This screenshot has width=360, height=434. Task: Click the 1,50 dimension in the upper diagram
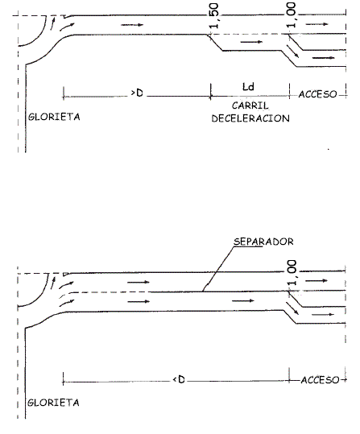(214, 15)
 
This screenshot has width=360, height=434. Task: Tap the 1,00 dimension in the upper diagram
(291, 15)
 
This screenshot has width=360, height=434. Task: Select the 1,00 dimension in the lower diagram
(292, 273)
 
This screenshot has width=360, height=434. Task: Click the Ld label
(248, 87)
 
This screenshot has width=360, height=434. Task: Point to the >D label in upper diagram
(137, 93)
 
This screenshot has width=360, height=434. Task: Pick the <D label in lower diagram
(179, 379)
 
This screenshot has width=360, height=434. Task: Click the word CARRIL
(250, 105)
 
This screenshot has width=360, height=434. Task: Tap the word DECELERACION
(250, 118)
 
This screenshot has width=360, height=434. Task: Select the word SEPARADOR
(263, 242)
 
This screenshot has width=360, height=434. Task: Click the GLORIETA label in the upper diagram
(54, 117)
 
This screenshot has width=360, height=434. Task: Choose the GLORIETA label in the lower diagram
(53, 402)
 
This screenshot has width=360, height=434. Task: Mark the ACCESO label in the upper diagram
(317, 94)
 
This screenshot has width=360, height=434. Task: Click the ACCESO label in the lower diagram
(320, 380)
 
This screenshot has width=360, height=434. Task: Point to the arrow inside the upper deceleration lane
(251, 42)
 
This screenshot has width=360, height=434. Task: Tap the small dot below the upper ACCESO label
(329, 149)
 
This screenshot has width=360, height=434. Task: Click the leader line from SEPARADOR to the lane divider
(218, 269)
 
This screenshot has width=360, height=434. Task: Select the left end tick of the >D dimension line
(64, 93)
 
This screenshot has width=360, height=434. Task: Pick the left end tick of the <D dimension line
(63, 378)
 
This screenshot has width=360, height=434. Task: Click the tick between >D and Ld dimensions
(211, 91)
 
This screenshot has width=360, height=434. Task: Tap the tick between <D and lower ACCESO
(289, 375)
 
